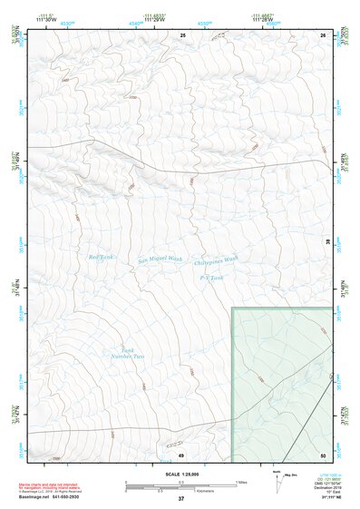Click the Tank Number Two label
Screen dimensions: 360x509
pyautogui.click(x=133, y=353)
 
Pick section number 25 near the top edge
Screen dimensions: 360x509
pyautogui.click(x=182, y=34)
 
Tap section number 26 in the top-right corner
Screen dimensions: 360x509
pyautogui.click(x=323, y=34)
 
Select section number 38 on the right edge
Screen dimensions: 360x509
pyautogui.click(x=328, y=240)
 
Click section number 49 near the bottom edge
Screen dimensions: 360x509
pyautogui.click(x=180, y=454)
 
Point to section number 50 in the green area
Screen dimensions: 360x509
pyautogui.click(x=323, y=454)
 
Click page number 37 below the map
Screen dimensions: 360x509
pyautogui.click(x=180, y=498)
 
